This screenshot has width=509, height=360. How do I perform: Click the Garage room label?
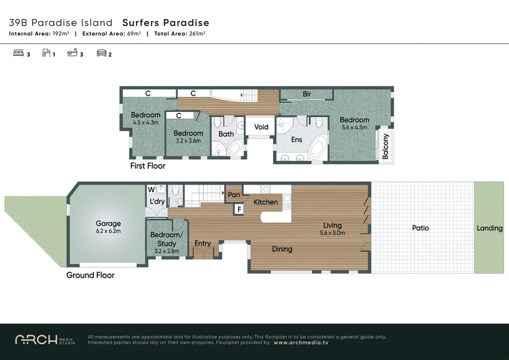pyautogui.click(x=108, y=223)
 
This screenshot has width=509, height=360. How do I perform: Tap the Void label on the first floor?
pyautogui.click(x=261, y=127)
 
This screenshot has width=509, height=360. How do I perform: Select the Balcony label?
pyautogui.click(x=386, y=146)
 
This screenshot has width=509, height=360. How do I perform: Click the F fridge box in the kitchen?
pyautogui.click(x=239, y=209)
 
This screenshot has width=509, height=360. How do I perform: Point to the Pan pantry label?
pyautogui.click(x=234, y=195)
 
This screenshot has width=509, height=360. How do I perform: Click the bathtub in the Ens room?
pyautogui.click(x=317, y=148)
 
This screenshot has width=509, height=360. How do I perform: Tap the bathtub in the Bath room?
pyautogui.click(x=235, y=148)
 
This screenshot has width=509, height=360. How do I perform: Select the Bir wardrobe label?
pyautogui.click(x=307, y=93)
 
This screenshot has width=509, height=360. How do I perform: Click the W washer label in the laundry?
pyautogui.click(x=151, y=190)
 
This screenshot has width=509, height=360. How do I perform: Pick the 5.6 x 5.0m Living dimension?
pyautogui.click(x=332, y=233)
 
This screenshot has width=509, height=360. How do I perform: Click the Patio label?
pyautogui.click(x=421, y=228)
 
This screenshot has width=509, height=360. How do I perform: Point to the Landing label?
pyautogui.click(x=489, y=228)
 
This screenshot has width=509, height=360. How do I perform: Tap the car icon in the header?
pyautogui.click(x=102, y=53)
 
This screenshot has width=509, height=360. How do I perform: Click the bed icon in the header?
pyautogui.click(x=18, y=53)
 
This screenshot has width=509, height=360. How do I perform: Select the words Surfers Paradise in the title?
pyautogui.click(x=165, y=23)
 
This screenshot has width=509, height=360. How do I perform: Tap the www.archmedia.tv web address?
pyautogui.click(x=301, y=342)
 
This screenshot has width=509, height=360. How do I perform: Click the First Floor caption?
pyautogui.click(x=148, y=166)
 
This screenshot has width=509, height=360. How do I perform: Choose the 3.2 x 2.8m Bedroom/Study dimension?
pyautogui.click(x=167, y=251)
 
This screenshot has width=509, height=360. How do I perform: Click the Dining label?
pyautogui.click(x=282, y=249)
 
